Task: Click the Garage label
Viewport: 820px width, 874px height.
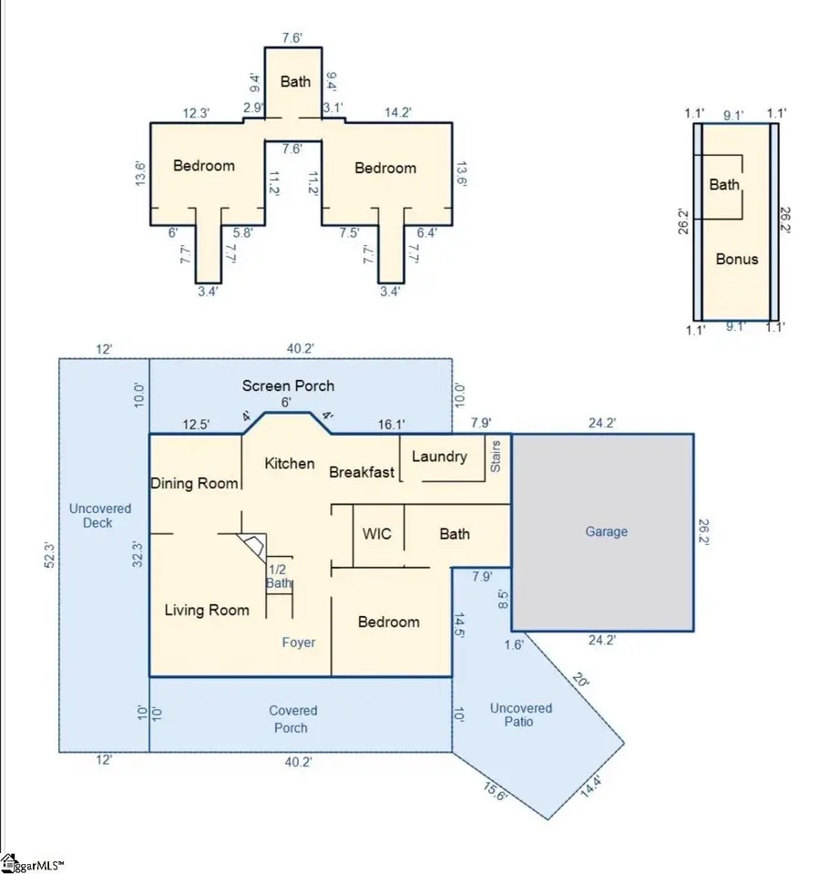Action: [x=606, y=531]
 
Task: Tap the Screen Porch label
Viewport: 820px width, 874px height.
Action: [x=288, y=386]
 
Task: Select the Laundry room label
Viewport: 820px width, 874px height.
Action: [x=439, y=457]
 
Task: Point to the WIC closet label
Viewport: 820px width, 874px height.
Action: [x=376, y=533]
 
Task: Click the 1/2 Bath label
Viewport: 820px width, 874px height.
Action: [x=279, y=576]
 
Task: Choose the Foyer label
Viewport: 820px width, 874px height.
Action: [x=299, y=643]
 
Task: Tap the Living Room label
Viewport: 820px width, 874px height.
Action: [x=207, y=611]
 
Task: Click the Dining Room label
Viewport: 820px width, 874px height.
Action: [x=194, y=483]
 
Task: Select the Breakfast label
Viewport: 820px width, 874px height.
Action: [x=362, y=472]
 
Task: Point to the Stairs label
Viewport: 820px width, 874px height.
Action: [x=496, y=457]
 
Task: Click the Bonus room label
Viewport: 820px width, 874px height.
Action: [x=737, y=259]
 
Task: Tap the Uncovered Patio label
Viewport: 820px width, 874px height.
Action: [x=520, y=715]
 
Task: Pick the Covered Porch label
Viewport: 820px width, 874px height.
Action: [x=292, y=719]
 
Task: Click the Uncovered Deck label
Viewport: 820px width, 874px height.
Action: [x=99, y=516]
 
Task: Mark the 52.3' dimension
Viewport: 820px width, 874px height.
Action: [x=49, y=555]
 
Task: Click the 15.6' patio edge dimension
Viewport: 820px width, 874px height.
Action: [x=495, y=791]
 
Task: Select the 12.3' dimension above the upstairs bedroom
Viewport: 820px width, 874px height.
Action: [x=196, y=113]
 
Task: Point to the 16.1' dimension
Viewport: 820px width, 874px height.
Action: [x=391, y=425]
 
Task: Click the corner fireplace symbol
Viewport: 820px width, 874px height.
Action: [x=252, y=548]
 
